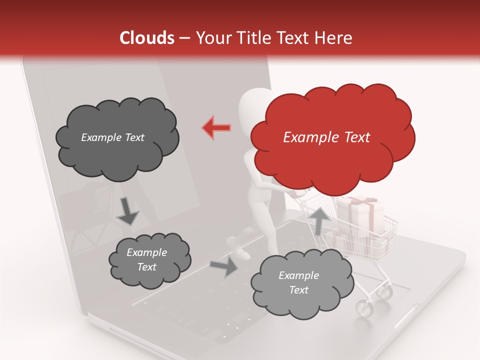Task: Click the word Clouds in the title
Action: coord(147,38)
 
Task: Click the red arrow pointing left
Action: coord(216,127)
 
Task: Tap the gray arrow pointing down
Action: coord(128,210)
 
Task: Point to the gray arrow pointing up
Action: coord(319,220)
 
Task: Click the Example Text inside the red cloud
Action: coord(326,137)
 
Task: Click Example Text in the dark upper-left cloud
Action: coord(112,137)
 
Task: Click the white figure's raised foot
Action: coord(238,247)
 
